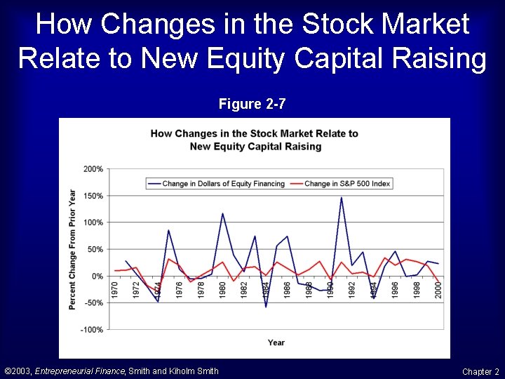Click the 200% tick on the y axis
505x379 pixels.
[x=93, y=169]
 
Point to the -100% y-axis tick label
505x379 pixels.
[x=92, y=330]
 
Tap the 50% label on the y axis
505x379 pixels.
[x=95, y=249]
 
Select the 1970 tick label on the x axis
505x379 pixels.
[x=115, y=288]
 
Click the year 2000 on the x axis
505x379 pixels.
[x=438, y=288]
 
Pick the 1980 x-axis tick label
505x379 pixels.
[x=222, y=288]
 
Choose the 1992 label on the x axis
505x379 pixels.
[x=352, y=288]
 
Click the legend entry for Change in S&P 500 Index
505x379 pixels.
[x=347, y=184]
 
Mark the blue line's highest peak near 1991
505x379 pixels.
[x=342, y=197]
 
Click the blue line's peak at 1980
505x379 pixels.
[x=222, y=213]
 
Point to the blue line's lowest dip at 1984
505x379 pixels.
[x=266, y=307]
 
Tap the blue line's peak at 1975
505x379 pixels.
[x=168, y=230]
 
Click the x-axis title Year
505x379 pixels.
[x=276, y=343]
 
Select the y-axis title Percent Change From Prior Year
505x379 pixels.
[x=72, y=249]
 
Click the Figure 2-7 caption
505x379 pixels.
[x=252, y=105]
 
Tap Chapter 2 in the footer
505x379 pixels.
[x=480, y=371]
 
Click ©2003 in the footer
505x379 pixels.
[x=18, y=371]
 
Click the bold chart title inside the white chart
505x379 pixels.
[x=255, y=140]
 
